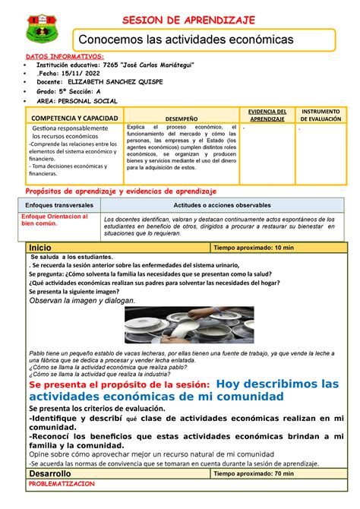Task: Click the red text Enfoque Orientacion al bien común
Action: tap(55, 220)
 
